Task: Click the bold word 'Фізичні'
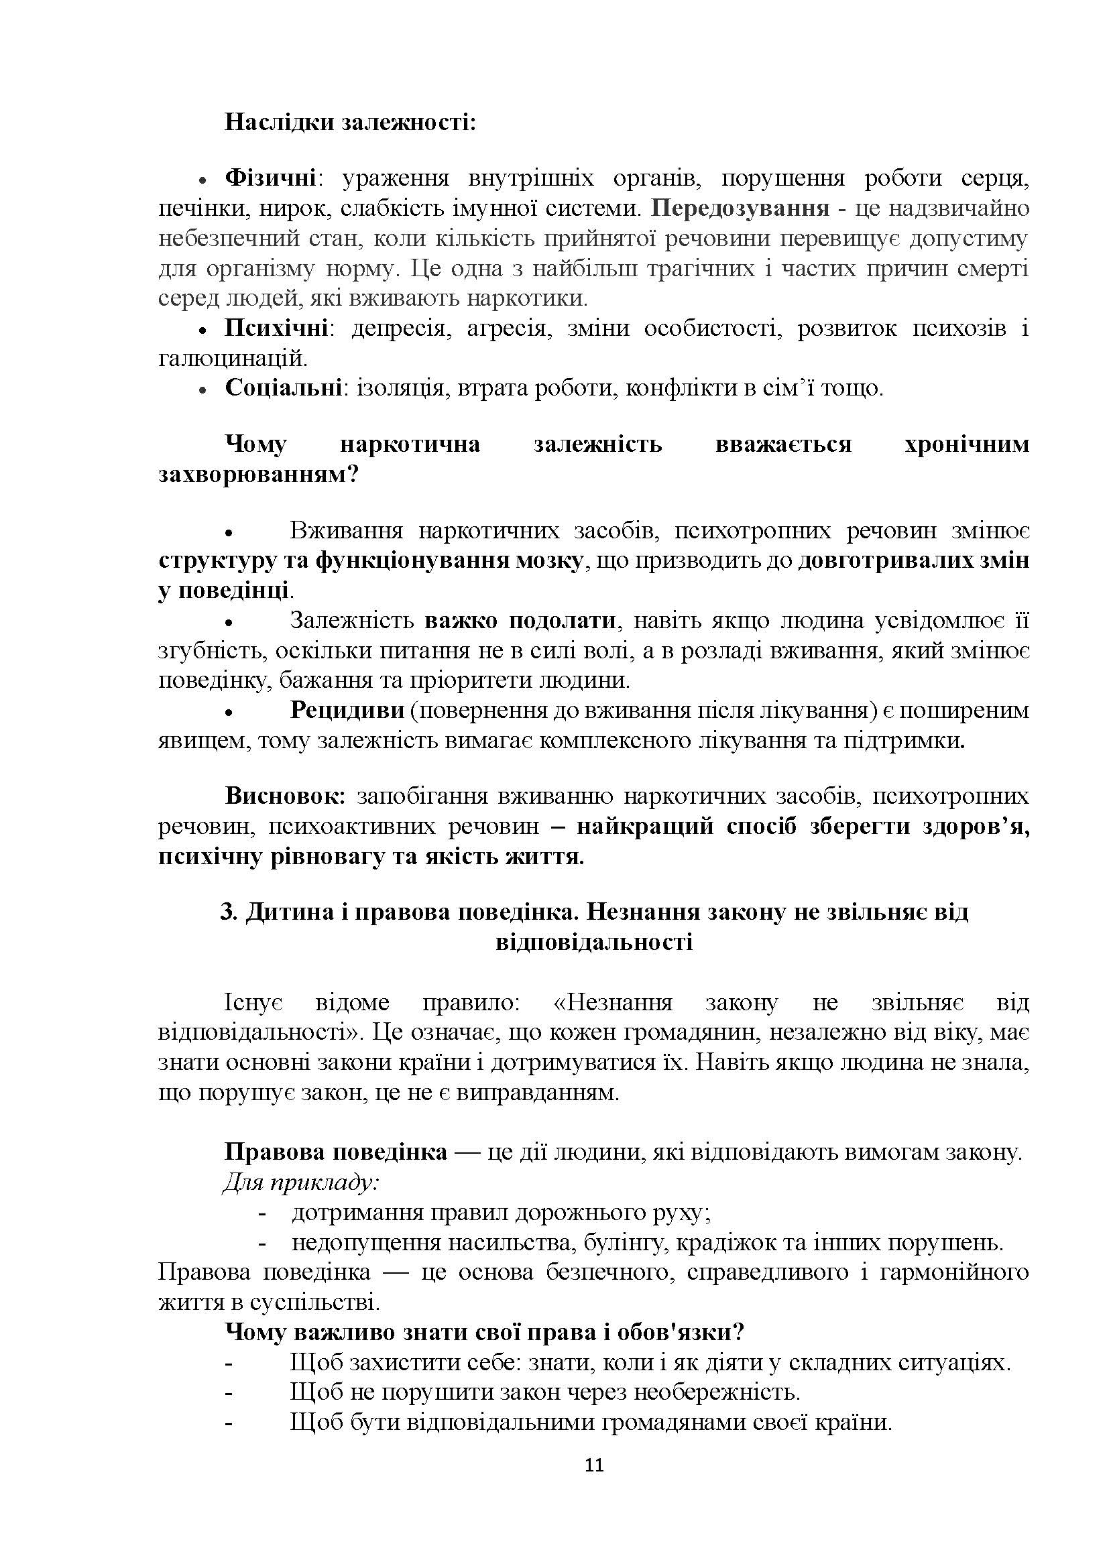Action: click(x=270, y=178)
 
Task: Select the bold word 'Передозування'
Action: click(x=740, y=208)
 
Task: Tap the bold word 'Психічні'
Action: click(x=276, y=328)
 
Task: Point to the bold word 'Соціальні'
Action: click(x=284, y=388)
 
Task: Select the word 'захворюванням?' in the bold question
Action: click(x=259, y=474)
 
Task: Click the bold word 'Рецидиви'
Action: click(x=347, y=710)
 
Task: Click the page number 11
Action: click(x=594, y=1465)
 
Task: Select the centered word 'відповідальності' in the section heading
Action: click(x=594, y=943)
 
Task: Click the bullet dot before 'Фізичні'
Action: click(x=202, y=180)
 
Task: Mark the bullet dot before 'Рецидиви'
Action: click(x=230, y=713)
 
